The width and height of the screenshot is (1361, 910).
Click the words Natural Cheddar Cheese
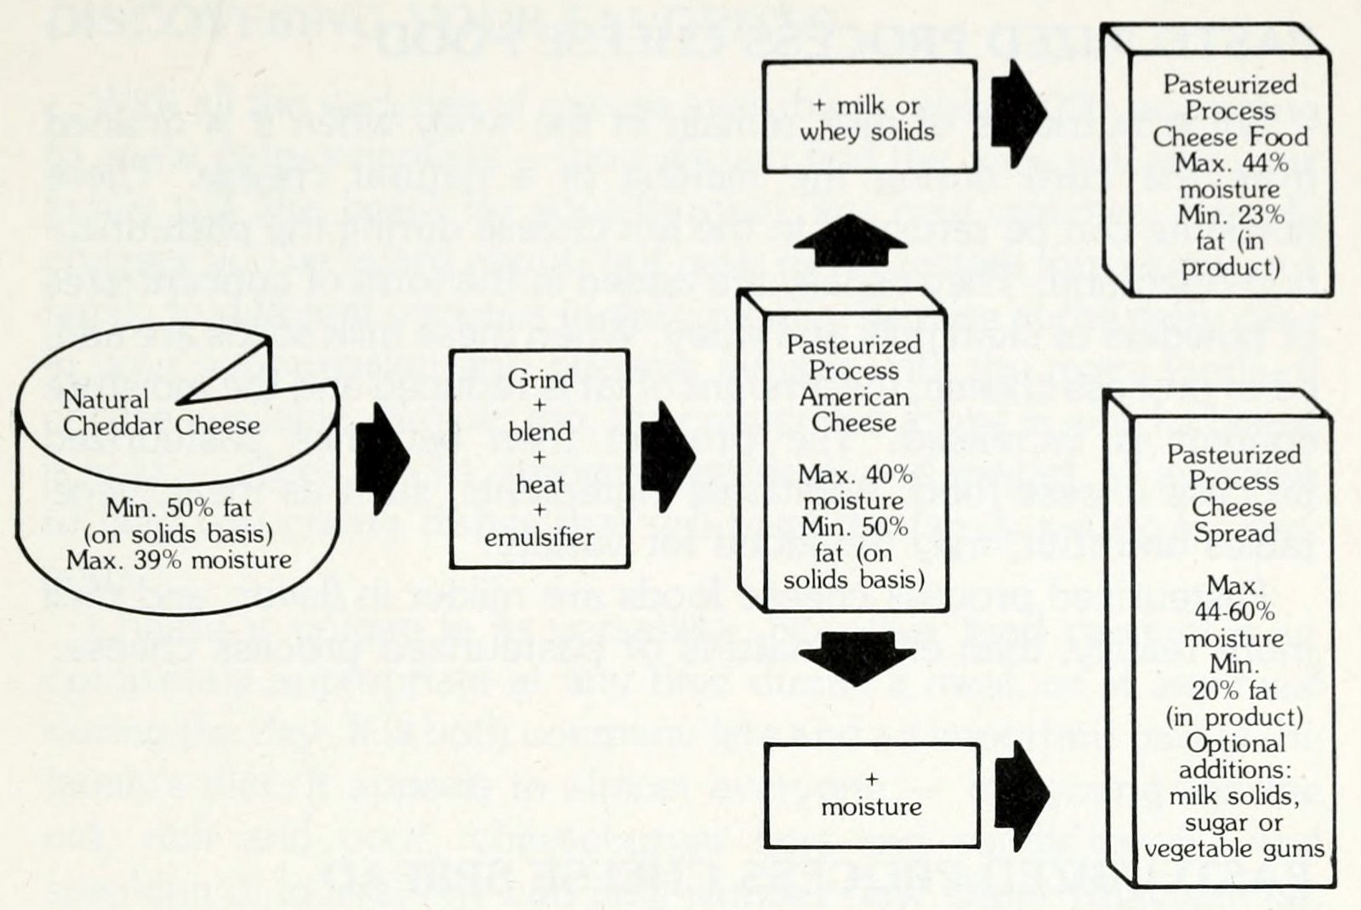point(161,412)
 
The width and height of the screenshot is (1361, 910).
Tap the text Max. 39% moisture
point(179,560)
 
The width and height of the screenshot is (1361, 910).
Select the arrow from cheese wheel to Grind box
point(382,457)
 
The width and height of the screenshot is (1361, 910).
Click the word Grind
point(540,378)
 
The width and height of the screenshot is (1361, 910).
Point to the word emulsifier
point(539,537)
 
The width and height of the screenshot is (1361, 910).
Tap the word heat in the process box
point(539,485)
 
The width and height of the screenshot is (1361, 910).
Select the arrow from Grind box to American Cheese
point(668,457)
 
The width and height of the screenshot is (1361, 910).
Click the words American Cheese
point(853,409)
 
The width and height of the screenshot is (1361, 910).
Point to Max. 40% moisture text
point(854,487)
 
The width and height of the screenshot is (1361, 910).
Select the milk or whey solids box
point(868,117)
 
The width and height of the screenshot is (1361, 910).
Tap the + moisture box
point(872,794)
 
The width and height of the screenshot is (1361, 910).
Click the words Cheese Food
point(1230,137)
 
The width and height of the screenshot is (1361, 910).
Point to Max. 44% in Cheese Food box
point(1231,162)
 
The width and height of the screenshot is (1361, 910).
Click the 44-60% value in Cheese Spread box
point(1233,611)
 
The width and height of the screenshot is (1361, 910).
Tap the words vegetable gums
point(1233,849)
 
